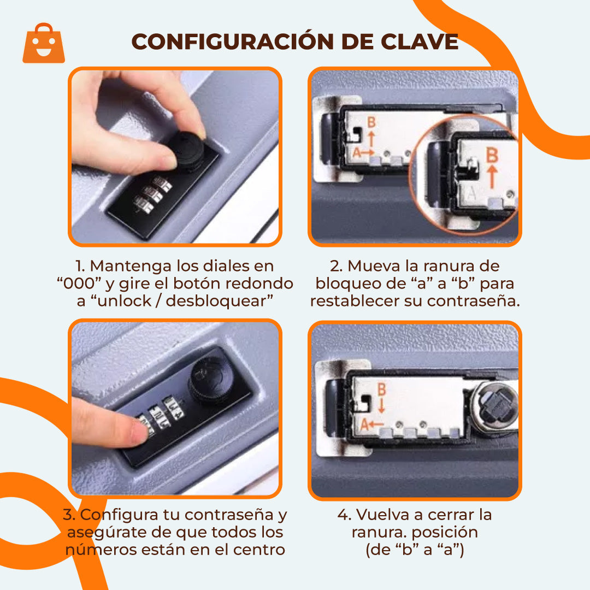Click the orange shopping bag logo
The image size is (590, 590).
[x=44, y=44]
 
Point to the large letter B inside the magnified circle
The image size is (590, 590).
[x=492, y=155]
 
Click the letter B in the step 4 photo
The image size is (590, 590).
[x=382, y=390]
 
